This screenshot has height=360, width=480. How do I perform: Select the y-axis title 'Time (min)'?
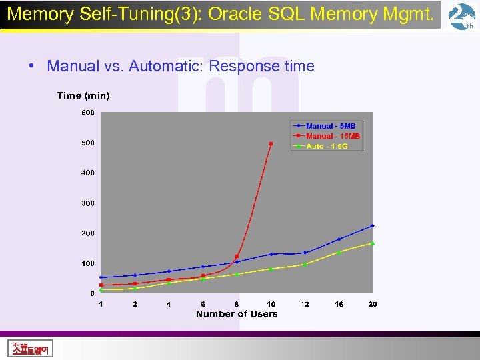[x=83, y=95]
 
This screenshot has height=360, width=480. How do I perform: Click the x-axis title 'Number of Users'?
[x=237, y=314]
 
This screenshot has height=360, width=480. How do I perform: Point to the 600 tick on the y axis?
[x=87, y=113]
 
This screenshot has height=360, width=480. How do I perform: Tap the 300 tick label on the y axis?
[x=87, y=203]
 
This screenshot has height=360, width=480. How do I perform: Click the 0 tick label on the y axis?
[x=92, y=293]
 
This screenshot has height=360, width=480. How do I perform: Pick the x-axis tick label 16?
[x=339, y=304]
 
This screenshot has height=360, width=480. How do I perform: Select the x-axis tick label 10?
[x=271, y=304]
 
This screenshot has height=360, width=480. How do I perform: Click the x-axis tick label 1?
[x=101, y=304]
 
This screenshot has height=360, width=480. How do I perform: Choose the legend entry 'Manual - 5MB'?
[x=331, y=126]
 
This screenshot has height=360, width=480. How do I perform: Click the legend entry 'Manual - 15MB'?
[x=333, y=136]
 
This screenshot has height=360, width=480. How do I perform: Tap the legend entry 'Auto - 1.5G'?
[x=327, y=146]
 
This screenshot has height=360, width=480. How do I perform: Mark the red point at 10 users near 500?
[x=271, y=143]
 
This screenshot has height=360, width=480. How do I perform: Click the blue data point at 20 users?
[x=373, y=225]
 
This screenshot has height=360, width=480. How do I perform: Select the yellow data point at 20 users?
[x=373, y=243]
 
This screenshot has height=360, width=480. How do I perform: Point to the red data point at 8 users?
[x=237, y=257]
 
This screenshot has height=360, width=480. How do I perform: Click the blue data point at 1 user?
[x=101, y=277]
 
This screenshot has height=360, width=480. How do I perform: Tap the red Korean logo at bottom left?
[x=31, y=348]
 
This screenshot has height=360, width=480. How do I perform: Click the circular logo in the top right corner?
[x=461, y=16]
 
